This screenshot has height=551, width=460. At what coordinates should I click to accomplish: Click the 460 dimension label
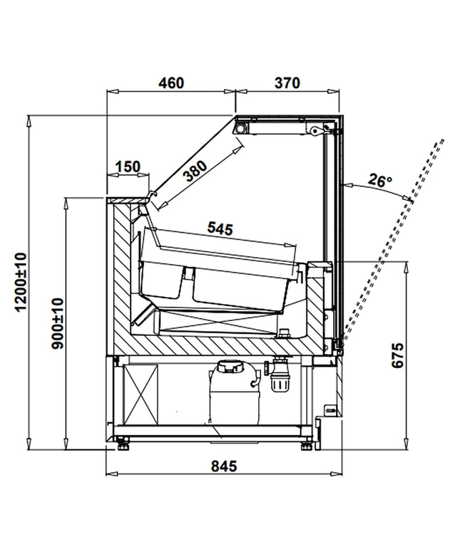(171, 83)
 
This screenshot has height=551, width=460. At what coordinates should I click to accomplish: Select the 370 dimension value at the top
(287, 83)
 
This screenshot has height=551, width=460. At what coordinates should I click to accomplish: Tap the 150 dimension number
(128, 167)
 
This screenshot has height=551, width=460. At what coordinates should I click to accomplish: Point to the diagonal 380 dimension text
(196, 171)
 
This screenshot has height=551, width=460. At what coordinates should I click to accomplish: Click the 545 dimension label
(220, 229)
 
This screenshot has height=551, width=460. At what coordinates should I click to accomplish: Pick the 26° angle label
(379, 180)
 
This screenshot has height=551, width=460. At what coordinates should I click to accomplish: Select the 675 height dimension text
(398, 355)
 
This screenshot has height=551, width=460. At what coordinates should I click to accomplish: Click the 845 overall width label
(224, 466)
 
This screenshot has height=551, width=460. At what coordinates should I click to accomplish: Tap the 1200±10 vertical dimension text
(21, 282)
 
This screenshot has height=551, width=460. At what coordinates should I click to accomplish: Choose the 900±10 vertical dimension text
(57, 323)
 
